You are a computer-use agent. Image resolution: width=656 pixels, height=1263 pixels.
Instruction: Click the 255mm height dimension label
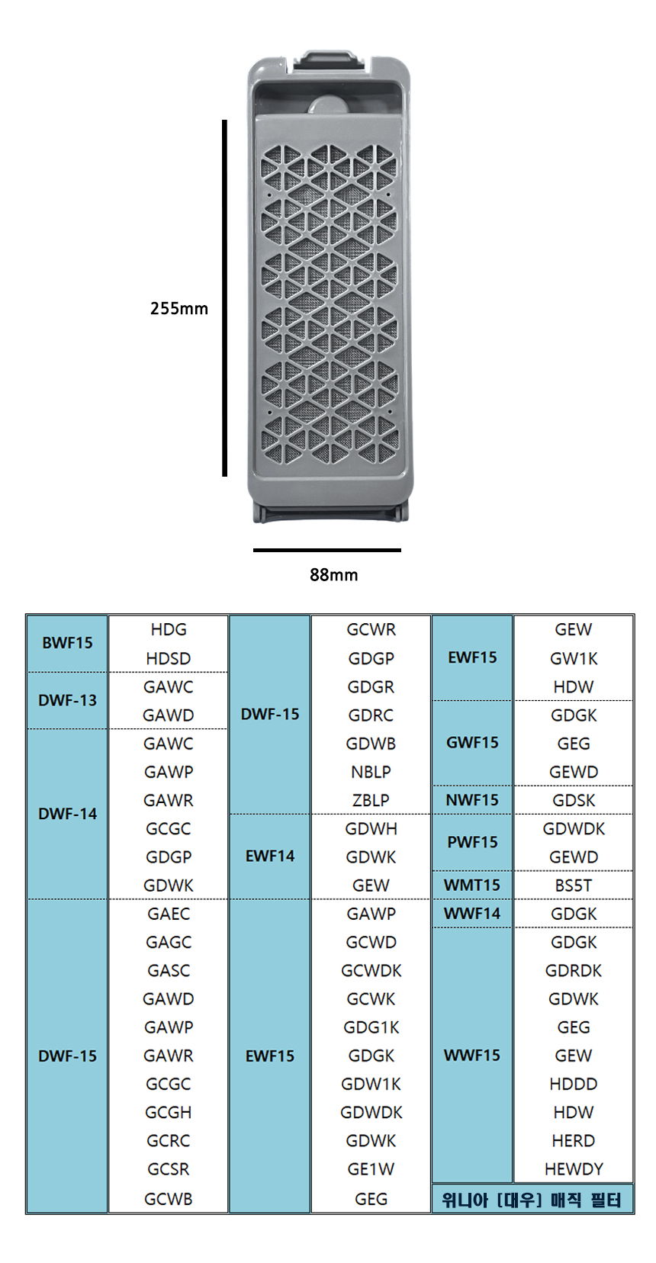[x=178, y=308]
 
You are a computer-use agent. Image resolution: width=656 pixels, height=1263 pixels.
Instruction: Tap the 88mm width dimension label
[x=333, y=575]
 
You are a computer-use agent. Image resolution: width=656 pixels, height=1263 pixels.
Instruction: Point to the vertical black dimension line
[x=225, y=297]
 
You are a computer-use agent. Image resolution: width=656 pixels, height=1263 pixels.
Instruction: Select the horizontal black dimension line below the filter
[x=326, y=550]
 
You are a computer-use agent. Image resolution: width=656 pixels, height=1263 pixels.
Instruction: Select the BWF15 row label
[x=67, y=643]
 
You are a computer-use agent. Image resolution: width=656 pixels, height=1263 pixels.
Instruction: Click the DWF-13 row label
[x=67, y=700]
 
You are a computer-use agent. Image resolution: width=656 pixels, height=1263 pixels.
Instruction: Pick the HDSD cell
[x=169, y=658]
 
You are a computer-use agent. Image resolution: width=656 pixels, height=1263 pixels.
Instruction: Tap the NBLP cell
[x=371, y=772]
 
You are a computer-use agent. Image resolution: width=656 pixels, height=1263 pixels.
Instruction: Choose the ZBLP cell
[x=371, y=800]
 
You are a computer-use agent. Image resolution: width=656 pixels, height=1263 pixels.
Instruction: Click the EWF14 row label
[x=270, y=856]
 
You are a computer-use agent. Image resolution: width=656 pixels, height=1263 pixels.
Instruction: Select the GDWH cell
[x=371, y=828]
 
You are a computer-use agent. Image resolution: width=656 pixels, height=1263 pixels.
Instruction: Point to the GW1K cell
[x=574, y=658]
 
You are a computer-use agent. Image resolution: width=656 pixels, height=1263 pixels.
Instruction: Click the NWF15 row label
[x=472, y=800]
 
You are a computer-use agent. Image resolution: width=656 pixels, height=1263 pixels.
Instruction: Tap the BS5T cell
[x=574, y=885]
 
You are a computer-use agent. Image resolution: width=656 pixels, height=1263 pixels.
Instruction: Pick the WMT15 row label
[x=472, y=885]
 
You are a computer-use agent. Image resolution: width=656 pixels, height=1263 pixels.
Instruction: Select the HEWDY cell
[x=574, y=1169]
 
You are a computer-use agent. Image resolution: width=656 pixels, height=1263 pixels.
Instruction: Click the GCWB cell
[x=169, y=1199]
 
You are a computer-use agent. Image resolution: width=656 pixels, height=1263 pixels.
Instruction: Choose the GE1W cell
[x=371, y=1169]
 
